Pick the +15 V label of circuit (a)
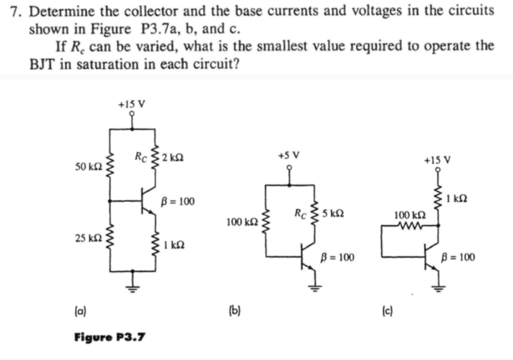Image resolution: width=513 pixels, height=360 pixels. pyautogui.click(x=133, y=103)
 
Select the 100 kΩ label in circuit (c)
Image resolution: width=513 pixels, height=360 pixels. pyautogui.click(x=408, y=214)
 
